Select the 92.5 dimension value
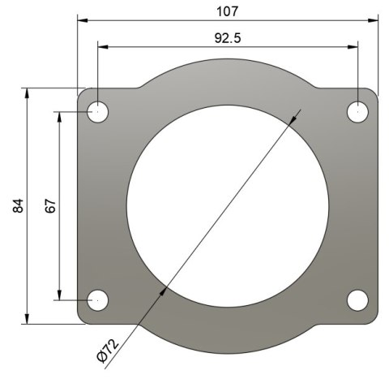229,37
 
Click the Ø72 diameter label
108,347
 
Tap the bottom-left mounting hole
98,299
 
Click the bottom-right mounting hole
358,299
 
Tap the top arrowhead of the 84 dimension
29,93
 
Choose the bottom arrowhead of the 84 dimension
29,319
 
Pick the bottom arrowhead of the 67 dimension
60,295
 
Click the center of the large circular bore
229,206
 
